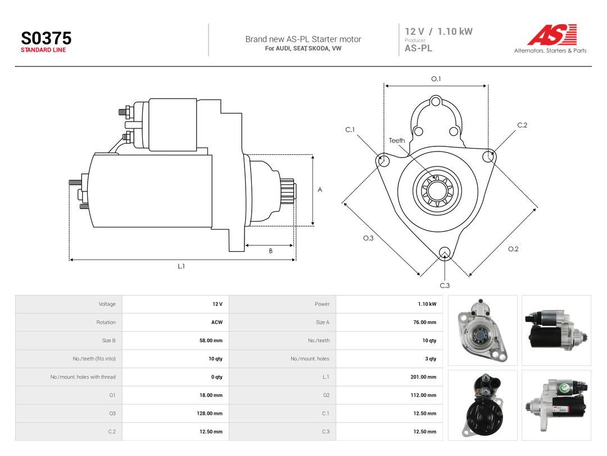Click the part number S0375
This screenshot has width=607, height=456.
click(x=46, y=38)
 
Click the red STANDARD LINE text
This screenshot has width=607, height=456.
click(x=43, y=50)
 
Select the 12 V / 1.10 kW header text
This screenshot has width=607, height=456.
click(x=438, y=32)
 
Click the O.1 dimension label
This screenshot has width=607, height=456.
click(x=436, y=79)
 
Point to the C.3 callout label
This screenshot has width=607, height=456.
click(x=445, y=285)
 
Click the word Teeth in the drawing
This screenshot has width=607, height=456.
click(x=397, y=140)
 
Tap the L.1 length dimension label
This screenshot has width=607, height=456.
click(x=181, y=266)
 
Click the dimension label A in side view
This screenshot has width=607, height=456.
click(x=320, y=190)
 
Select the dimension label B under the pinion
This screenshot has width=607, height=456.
click(x=270, y=251)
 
